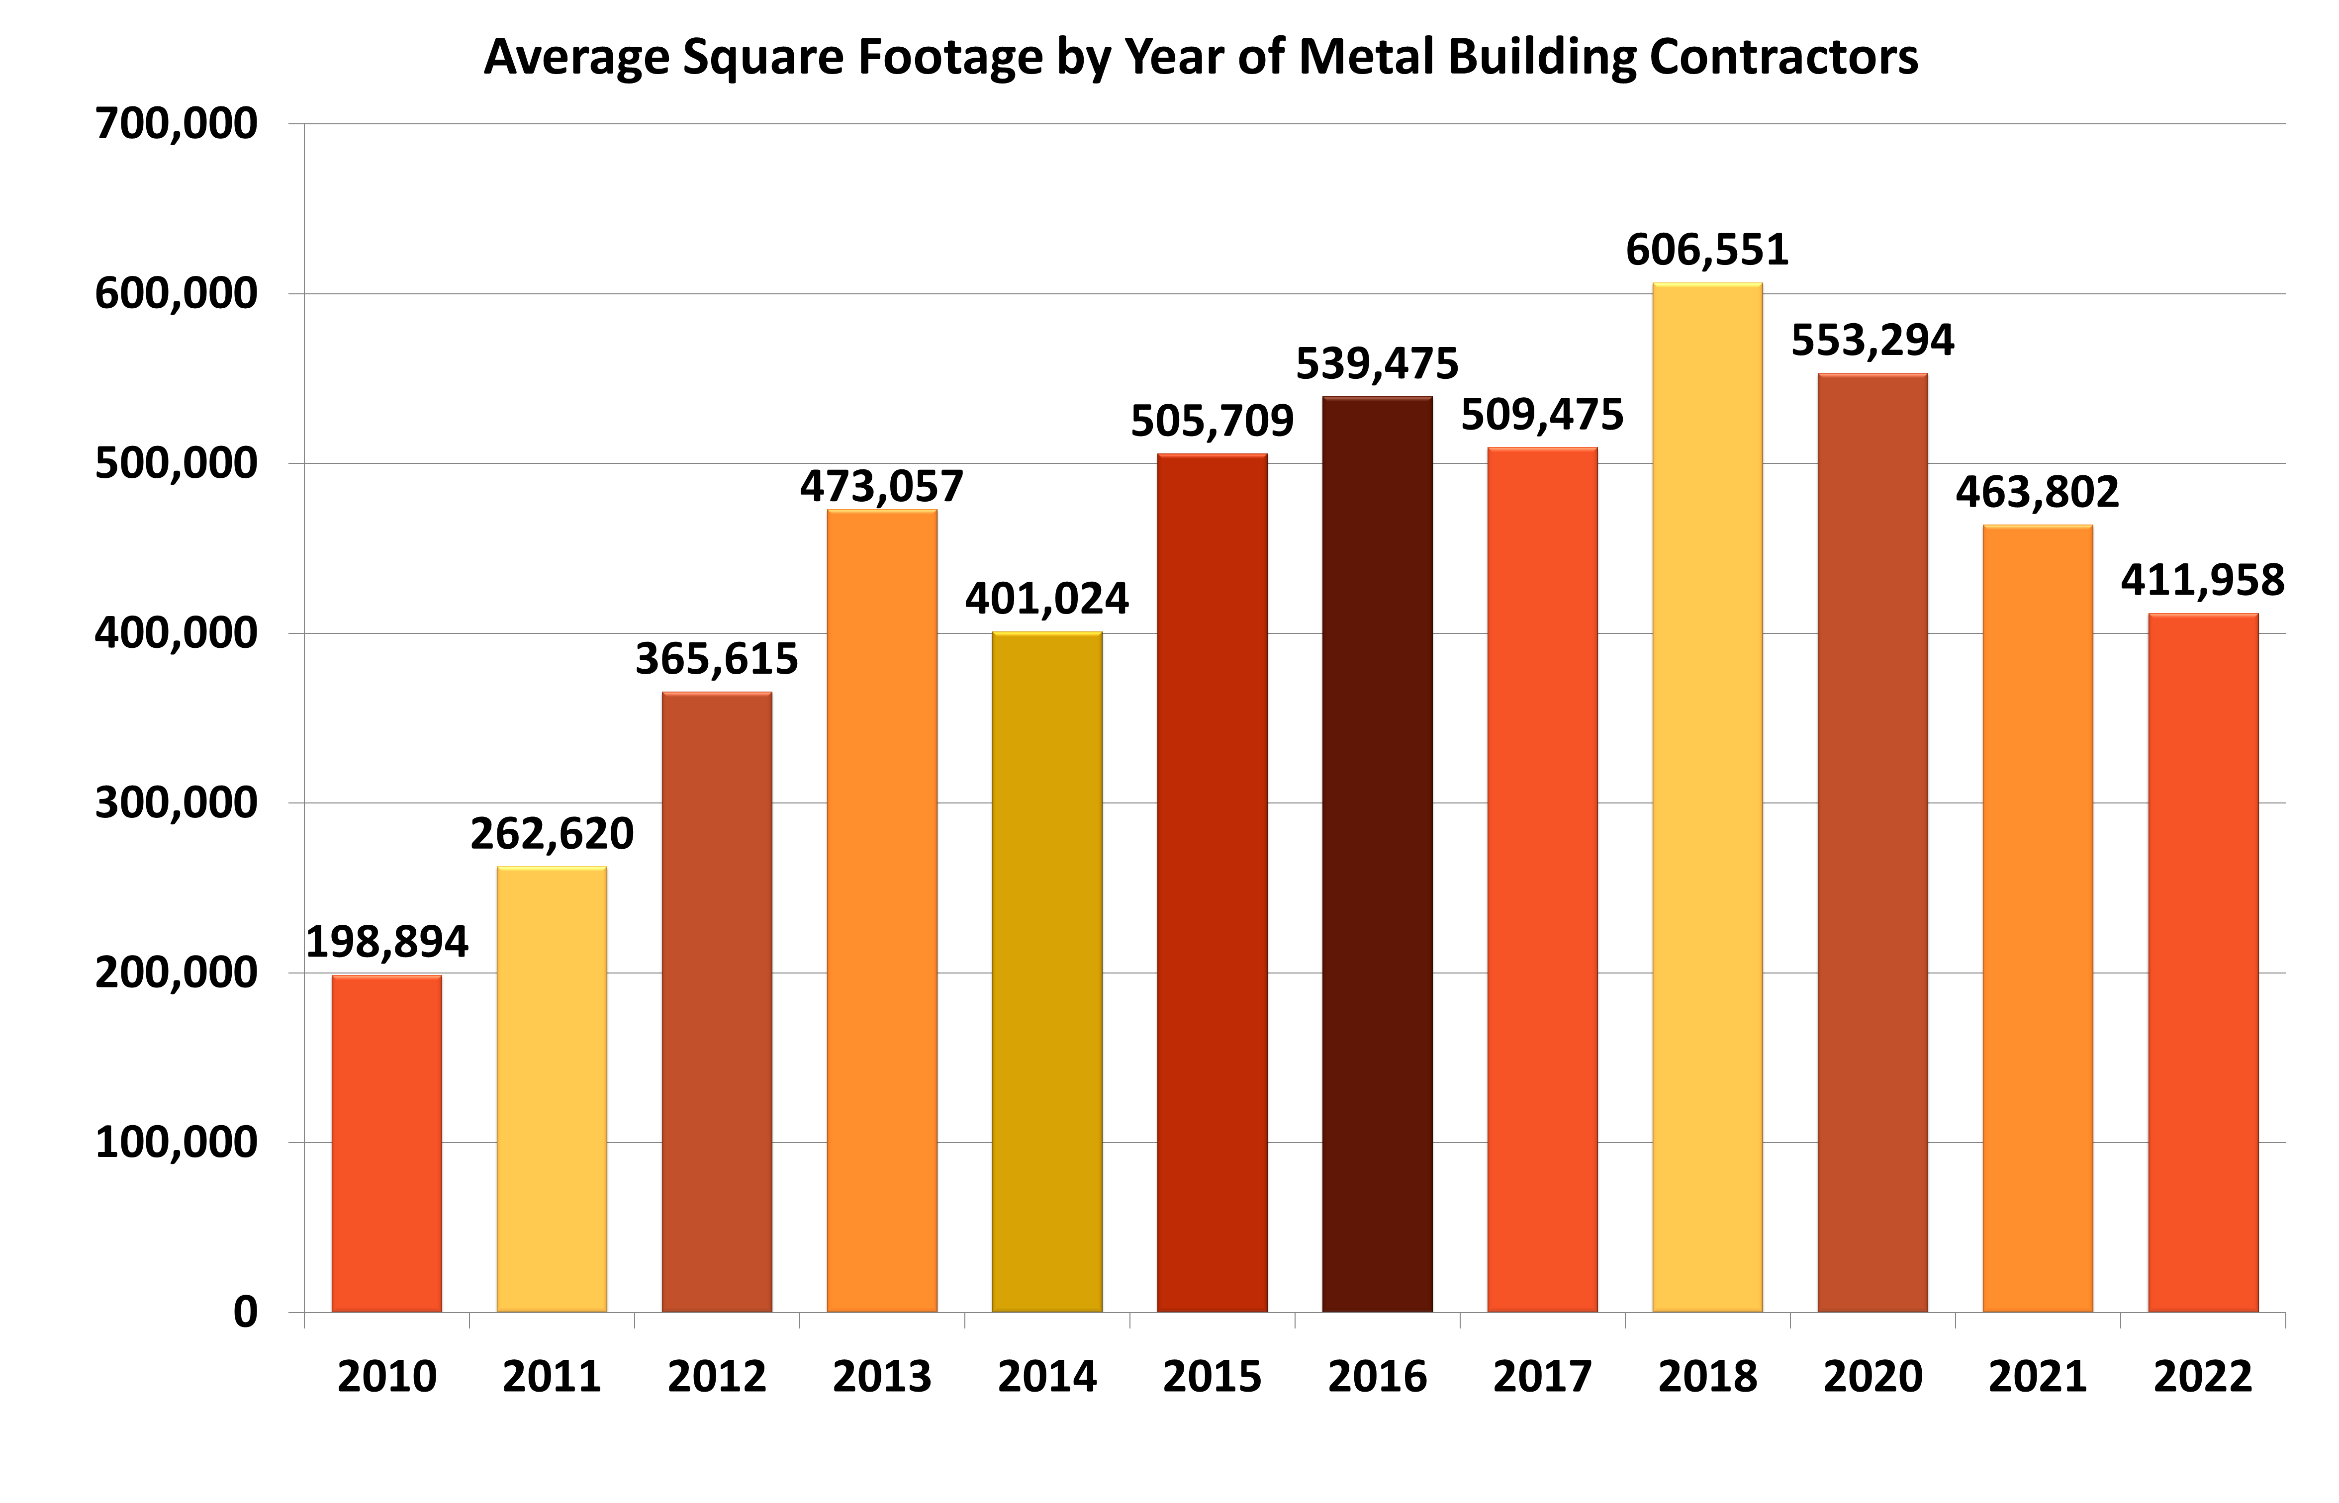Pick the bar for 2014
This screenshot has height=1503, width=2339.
click(x=1046, y=972)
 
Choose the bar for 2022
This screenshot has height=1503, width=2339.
click(x=2203, y=963)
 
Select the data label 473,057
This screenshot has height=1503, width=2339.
click(x=881, y=486)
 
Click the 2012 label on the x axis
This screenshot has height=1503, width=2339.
click(x=717, y=1377)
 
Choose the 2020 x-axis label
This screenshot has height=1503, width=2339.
click(x=1872, y=1377)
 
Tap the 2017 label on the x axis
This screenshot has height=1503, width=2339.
click(x=1542, y=1377)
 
